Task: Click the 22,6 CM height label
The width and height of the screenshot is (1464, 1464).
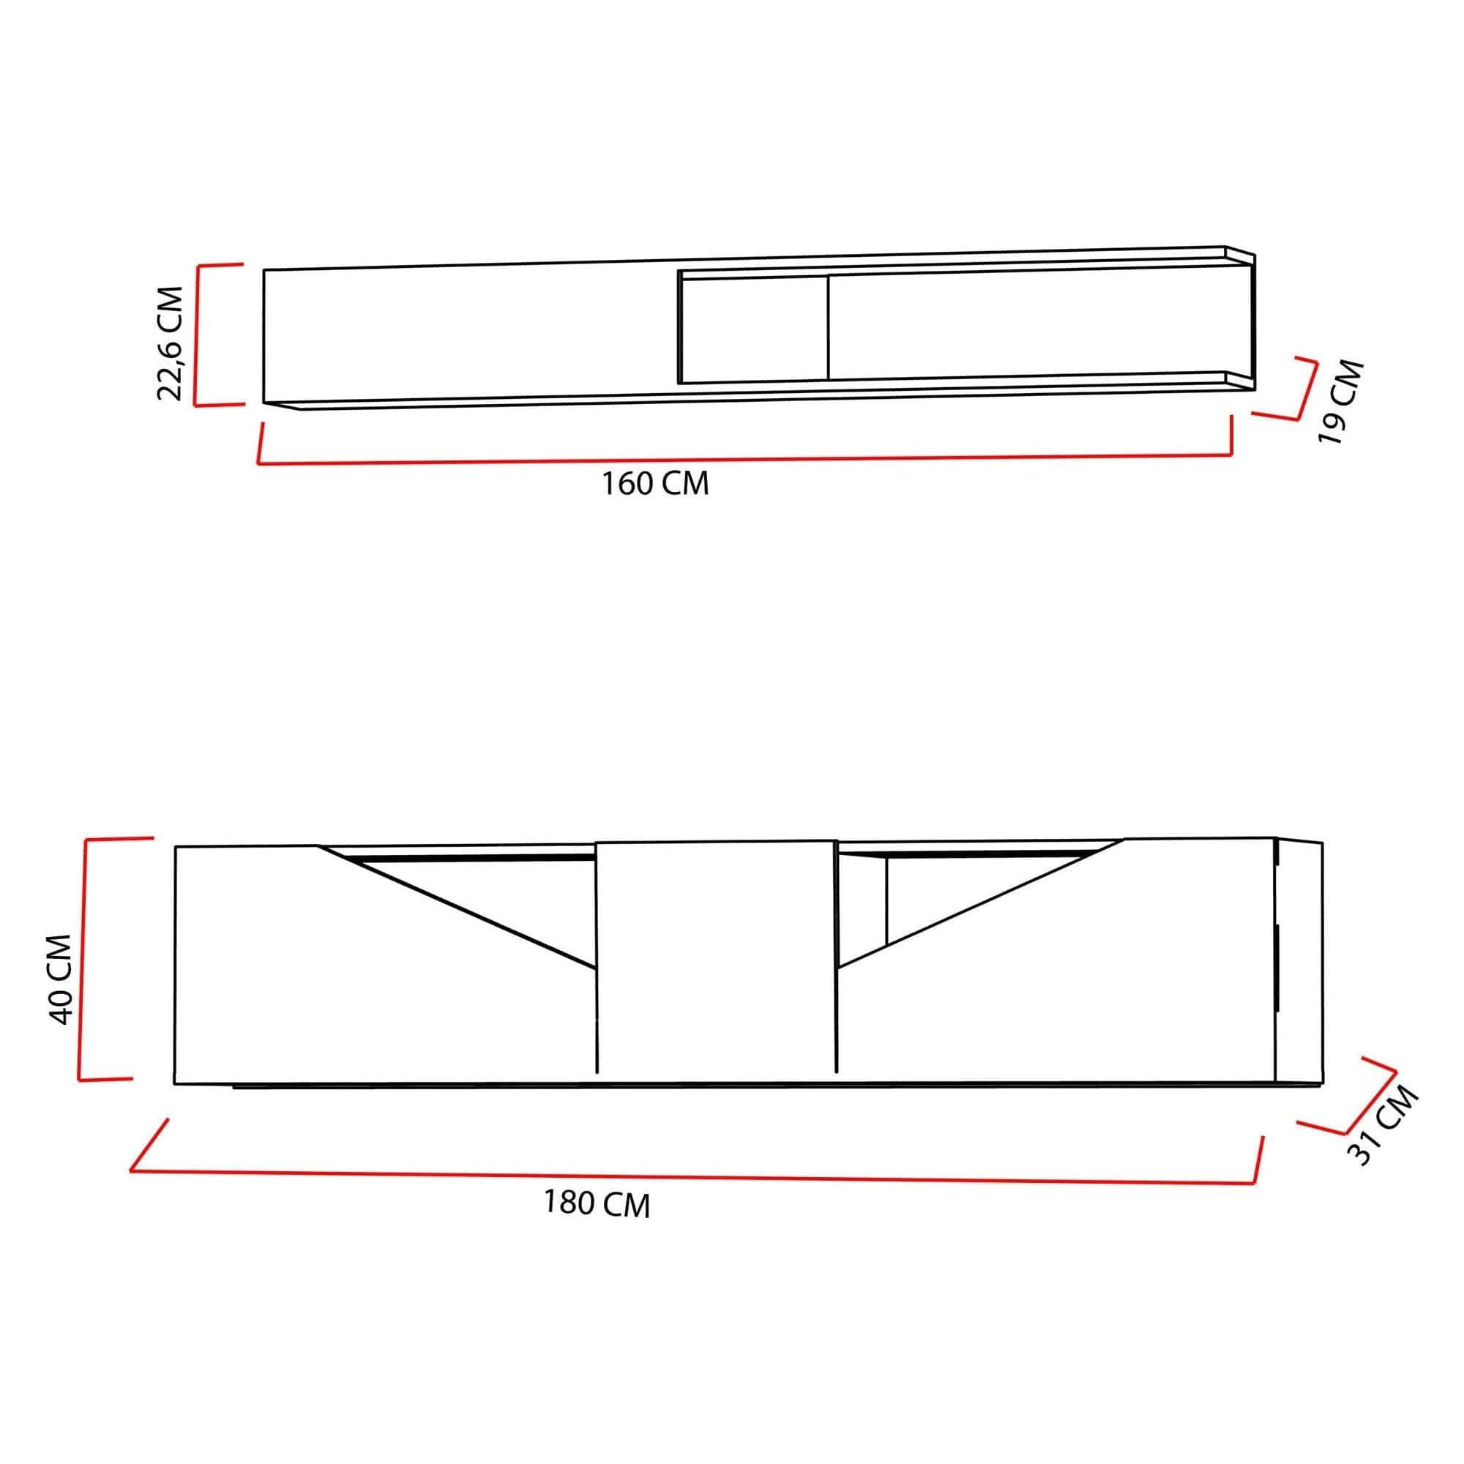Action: pyautogui.click(x=170, y=343)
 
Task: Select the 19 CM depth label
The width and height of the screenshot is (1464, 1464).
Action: pyautogui.click(x=1341, y=401)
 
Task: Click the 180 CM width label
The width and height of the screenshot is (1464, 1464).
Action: pyautogui.click(x=597, y=1203)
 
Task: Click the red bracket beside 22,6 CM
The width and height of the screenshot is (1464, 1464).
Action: pyautogui.click(x=196, y=335)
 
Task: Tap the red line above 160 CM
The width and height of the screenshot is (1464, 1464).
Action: pyautogui.click(x=742, y=459)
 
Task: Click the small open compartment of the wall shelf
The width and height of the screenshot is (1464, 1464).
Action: pyautogui.click(x=754, y=329)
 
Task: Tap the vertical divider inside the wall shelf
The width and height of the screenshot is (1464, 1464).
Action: pyautogui.click(x=827, y=327)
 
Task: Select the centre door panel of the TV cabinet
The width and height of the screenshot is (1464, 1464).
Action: pyautogui.click(x=716, y=959)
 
